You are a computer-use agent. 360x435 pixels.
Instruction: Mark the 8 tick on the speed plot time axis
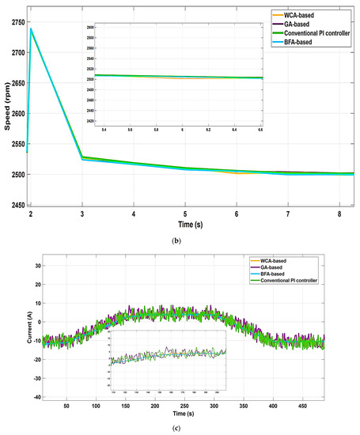[x=339, y=214]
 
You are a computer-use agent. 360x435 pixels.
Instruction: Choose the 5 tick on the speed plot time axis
[x=184, y=214]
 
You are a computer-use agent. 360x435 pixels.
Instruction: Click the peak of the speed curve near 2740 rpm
[x=32, y=28]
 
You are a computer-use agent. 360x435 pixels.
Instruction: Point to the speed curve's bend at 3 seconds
[x=82, y=157]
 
